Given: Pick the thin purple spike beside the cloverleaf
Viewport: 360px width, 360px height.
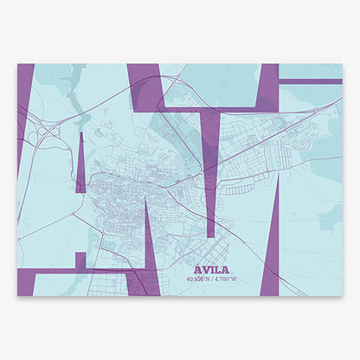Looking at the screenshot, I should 80,164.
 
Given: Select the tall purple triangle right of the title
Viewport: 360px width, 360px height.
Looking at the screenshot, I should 272,251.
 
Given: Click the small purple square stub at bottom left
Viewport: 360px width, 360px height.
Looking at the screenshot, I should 80,260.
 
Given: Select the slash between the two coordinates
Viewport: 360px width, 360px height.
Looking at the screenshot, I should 209,279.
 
